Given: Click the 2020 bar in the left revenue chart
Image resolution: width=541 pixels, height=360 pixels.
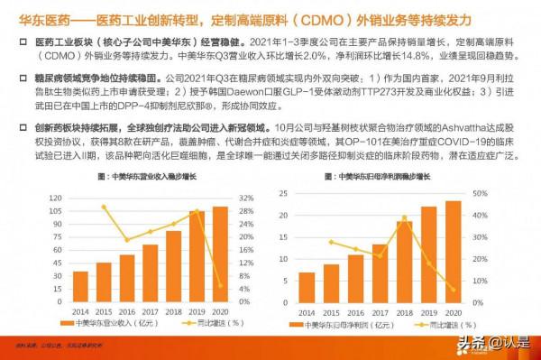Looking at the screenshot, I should point(219,252).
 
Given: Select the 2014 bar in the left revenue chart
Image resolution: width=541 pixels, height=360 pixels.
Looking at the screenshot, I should point(80,284).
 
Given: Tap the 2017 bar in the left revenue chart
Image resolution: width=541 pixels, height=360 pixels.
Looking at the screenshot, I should point(150,271).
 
